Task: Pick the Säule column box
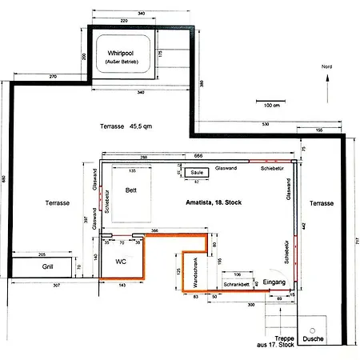click(x=196, y=172)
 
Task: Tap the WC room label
click(x=122, y=261)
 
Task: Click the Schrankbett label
click(x=238, y=284)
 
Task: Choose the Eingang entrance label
click(x=275, y=283)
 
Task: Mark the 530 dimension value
click(x=264, y=125)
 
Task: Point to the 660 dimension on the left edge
click(x=5, y=179)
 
